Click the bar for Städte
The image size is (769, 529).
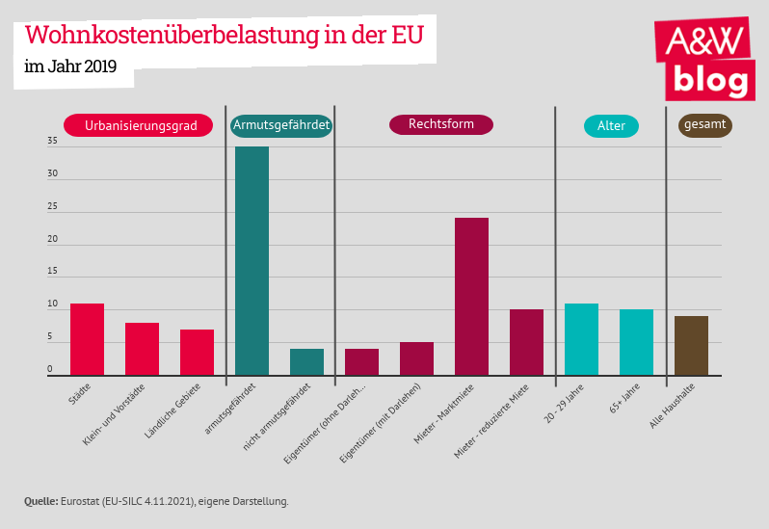(x=87, y=339)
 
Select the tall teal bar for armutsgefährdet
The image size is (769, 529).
(x=252, y=260)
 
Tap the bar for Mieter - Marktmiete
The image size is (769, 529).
(x=471, y=296)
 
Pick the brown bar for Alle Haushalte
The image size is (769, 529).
(x=691, y=345)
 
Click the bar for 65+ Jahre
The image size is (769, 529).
(x=636, y=342)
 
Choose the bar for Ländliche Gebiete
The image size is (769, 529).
(x=197, y=352)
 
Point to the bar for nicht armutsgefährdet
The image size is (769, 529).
(x=306, y=361)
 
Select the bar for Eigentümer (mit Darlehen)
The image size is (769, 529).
(x=416, y=358)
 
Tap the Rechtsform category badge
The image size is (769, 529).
(x=440, y=124)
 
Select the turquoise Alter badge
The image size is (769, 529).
(x=611, y=126)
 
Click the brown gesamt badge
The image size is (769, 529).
(x=704, y=124)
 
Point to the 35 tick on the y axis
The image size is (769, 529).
(x=52, y=142)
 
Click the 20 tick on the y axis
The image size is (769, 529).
(x=52, y=240)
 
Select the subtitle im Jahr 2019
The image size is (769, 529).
(x=70, y=66)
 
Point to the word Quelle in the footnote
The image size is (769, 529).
(x=40, y=501)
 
